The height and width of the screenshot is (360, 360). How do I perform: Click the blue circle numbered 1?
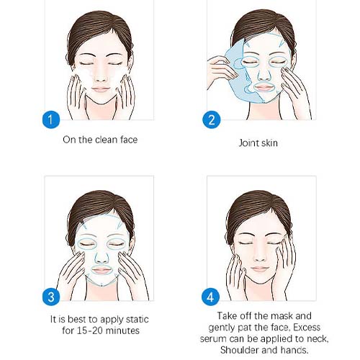[51, 120]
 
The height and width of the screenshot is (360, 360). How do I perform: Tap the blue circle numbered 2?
[212, 120]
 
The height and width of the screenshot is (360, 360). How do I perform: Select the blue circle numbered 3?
[51, 297]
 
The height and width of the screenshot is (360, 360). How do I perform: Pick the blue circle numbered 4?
[210, 297]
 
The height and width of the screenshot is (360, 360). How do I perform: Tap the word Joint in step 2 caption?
[248, 143]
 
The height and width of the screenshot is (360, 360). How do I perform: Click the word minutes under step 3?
[122, 330]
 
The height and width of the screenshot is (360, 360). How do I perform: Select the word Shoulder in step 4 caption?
[238, 350]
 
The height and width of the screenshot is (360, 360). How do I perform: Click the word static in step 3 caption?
[137, 320]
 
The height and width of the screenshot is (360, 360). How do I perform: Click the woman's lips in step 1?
[101, 89]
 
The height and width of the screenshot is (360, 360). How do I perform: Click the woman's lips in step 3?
[102, 270]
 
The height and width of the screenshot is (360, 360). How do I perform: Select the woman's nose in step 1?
[101, 77]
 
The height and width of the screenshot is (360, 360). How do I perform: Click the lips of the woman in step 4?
[259, 269]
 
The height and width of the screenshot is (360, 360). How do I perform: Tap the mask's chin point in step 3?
[102, 285]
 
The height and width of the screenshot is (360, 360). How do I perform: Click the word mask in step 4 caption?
[282, 316]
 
